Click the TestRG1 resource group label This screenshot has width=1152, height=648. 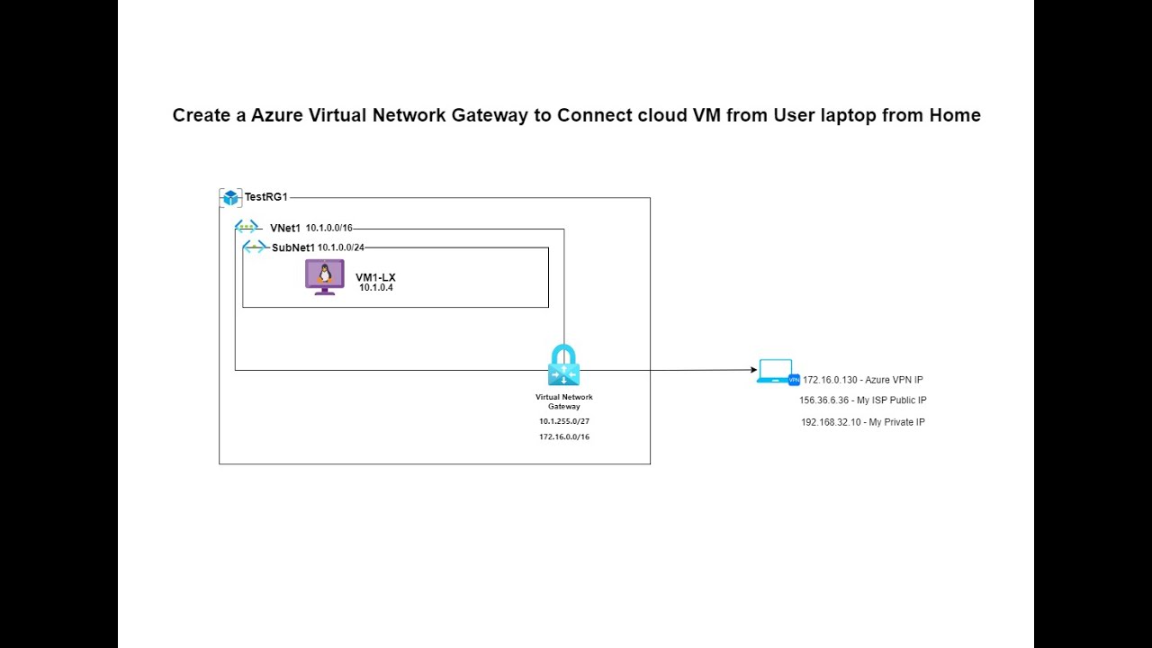265,197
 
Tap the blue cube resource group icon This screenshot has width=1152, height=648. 230,198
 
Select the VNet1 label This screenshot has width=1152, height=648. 285,229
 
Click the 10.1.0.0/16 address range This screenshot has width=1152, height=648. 328,229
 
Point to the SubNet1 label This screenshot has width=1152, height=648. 293,247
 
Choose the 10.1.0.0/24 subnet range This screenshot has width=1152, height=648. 340,247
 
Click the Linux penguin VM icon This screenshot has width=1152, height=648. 325,276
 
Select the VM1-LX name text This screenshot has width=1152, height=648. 375,277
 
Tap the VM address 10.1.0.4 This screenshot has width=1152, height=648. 376,288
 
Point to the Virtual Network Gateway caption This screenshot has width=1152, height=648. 564,401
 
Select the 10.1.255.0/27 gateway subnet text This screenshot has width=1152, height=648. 564,421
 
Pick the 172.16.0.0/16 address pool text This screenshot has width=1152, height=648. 564,436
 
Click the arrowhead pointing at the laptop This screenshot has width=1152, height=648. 752,370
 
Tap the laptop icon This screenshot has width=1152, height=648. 775,371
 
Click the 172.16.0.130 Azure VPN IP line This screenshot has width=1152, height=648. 862,380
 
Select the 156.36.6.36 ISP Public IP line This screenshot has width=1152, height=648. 862,400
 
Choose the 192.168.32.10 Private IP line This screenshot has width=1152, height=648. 862,422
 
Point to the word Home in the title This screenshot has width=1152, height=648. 956,115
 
